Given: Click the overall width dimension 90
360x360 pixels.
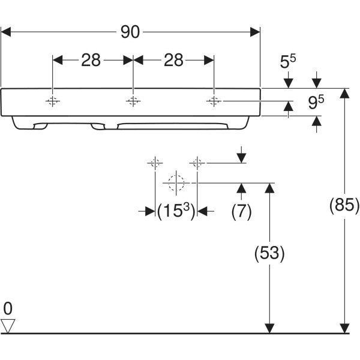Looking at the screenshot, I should pyautogui.click(x=130, y=32).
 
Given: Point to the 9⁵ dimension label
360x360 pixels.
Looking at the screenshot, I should pyautogui.click(x=316, y=103).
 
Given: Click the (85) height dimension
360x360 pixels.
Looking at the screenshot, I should pyautogui.click(x=344, y=206).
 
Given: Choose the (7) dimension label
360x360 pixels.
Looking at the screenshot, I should pyautogui.click(x=241, y=211).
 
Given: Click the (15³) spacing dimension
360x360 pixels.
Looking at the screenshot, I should pyautogui.click(x=176, y=211).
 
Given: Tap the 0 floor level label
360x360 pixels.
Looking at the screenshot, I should pyautogui.click(x=8, y=309).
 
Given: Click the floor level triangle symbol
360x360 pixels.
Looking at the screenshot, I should pyautogui.click(x=8, y=326).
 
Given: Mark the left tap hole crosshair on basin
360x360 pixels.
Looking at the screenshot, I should pyautogui.click(x=53, y=101).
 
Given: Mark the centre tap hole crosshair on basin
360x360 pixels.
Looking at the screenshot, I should pyautogui.click(x=133, y=101).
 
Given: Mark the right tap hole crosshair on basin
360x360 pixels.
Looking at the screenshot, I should pyautogui.click(x=213, y=101).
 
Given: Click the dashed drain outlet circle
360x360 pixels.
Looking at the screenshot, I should pyautogui.click(x=176, y=182).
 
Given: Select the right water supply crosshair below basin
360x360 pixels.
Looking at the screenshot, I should pyautogui.click(x=197, y=163).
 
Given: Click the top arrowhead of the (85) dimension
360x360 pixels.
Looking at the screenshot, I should pyautogui.click(x=344, y=93).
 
